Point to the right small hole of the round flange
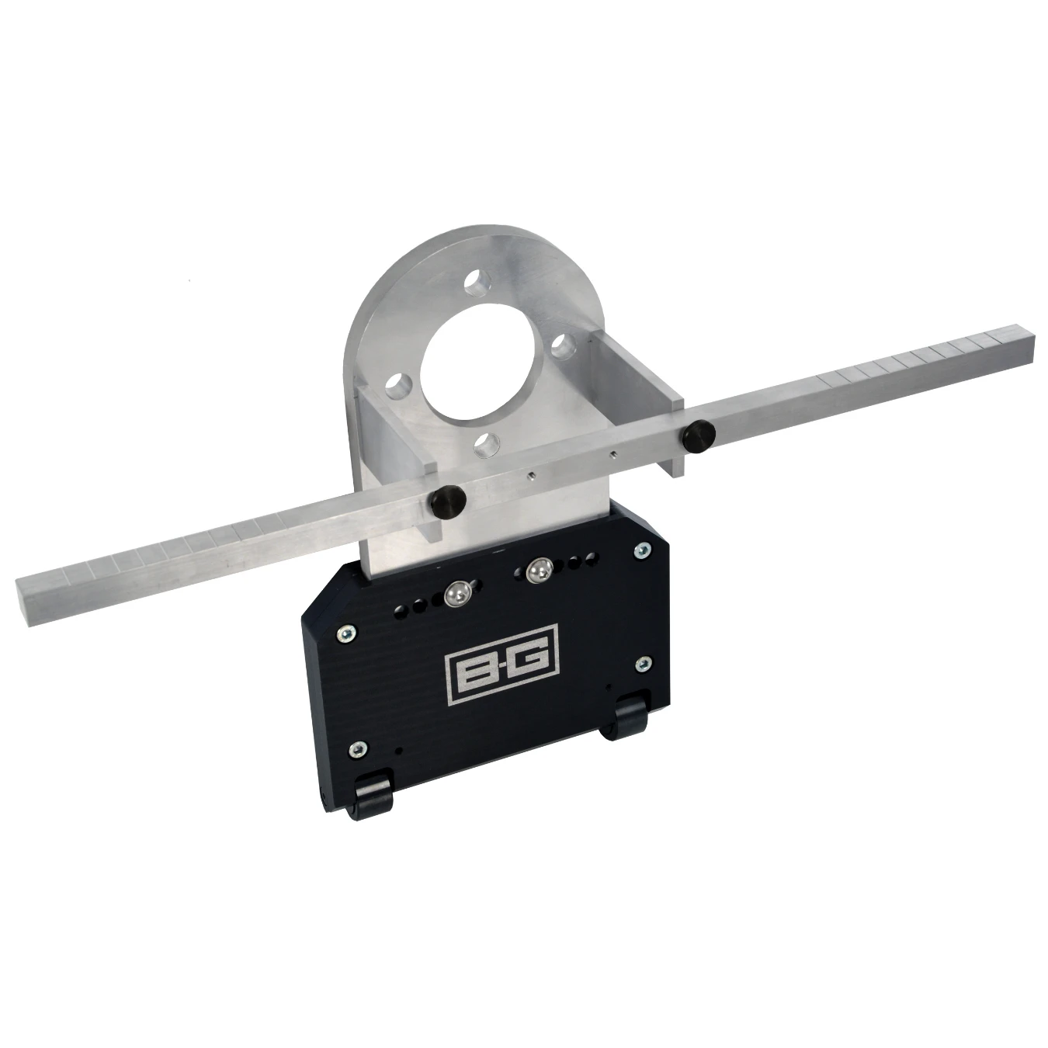click(565, 346)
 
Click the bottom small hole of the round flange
click(487, 444)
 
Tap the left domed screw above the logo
click(457, 594)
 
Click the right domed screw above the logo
click(536, 572)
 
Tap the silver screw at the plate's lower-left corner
click(356, 748)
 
